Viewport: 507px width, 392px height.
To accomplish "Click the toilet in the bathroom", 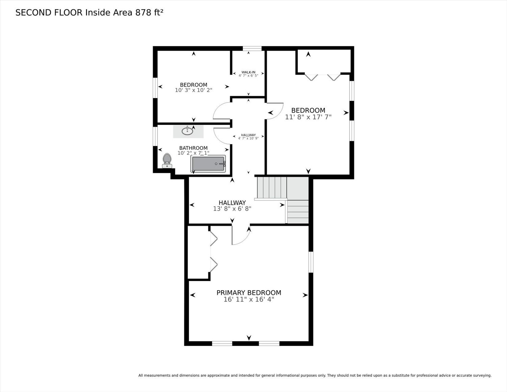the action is click(167, 161).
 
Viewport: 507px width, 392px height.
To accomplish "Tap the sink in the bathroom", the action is click(187, 131).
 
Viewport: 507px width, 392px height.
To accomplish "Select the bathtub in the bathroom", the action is click(208, 164).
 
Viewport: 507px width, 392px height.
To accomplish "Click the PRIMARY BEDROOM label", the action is click(249, 293).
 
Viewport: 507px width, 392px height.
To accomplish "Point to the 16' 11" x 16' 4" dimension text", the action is click(249, 299).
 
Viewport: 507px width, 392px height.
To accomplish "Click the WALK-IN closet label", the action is click(248, 72).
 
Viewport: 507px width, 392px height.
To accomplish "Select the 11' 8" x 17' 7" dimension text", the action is click(308, 117).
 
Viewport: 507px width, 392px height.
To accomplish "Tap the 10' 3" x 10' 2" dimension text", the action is click(193, 90).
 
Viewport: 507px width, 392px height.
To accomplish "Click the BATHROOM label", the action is click(193, 148).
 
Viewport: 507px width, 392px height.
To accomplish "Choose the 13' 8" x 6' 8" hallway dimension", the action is click(232, 209).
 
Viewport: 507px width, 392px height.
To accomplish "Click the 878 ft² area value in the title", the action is click(149, 13).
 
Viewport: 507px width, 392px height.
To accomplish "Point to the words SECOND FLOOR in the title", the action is click(49, 13).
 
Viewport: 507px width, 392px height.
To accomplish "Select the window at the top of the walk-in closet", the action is click(252, 49).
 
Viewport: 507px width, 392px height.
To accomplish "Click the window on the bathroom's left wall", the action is click(155, 136).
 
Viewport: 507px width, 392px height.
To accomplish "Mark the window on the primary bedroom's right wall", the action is click(311, 262).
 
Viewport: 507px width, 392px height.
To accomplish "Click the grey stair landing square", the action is click(297, 188).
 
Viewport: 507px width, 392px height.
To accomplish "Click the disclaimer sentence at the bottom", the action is click(315, 375).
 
